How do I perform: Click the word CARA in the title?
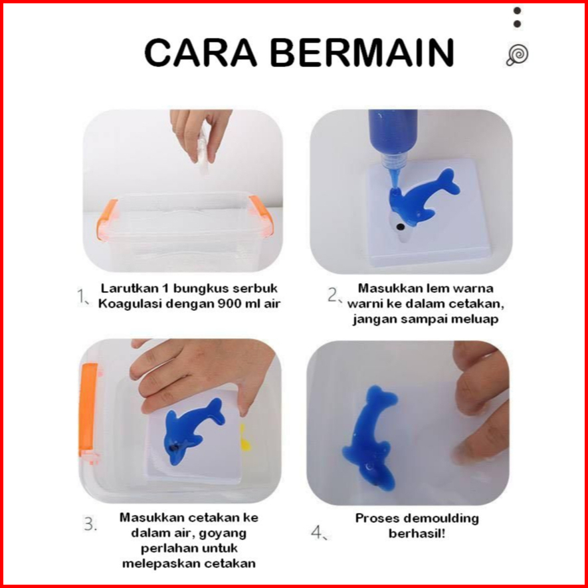coord(201,53)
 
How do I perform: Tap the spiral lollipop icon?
coord(518,56)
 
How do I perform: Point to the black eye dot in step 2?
coord(401,227)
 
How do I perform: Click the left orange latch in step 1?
coord(107,219)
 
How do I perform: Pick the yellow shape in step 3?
coord(245,438)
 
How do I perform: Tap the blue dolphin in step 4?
coord(369,438)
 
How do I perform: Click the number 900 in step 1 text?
coord(231,304)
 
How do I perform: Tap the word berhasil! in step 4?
coord(417,534)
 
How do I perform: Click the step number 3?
coord(90,524)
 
